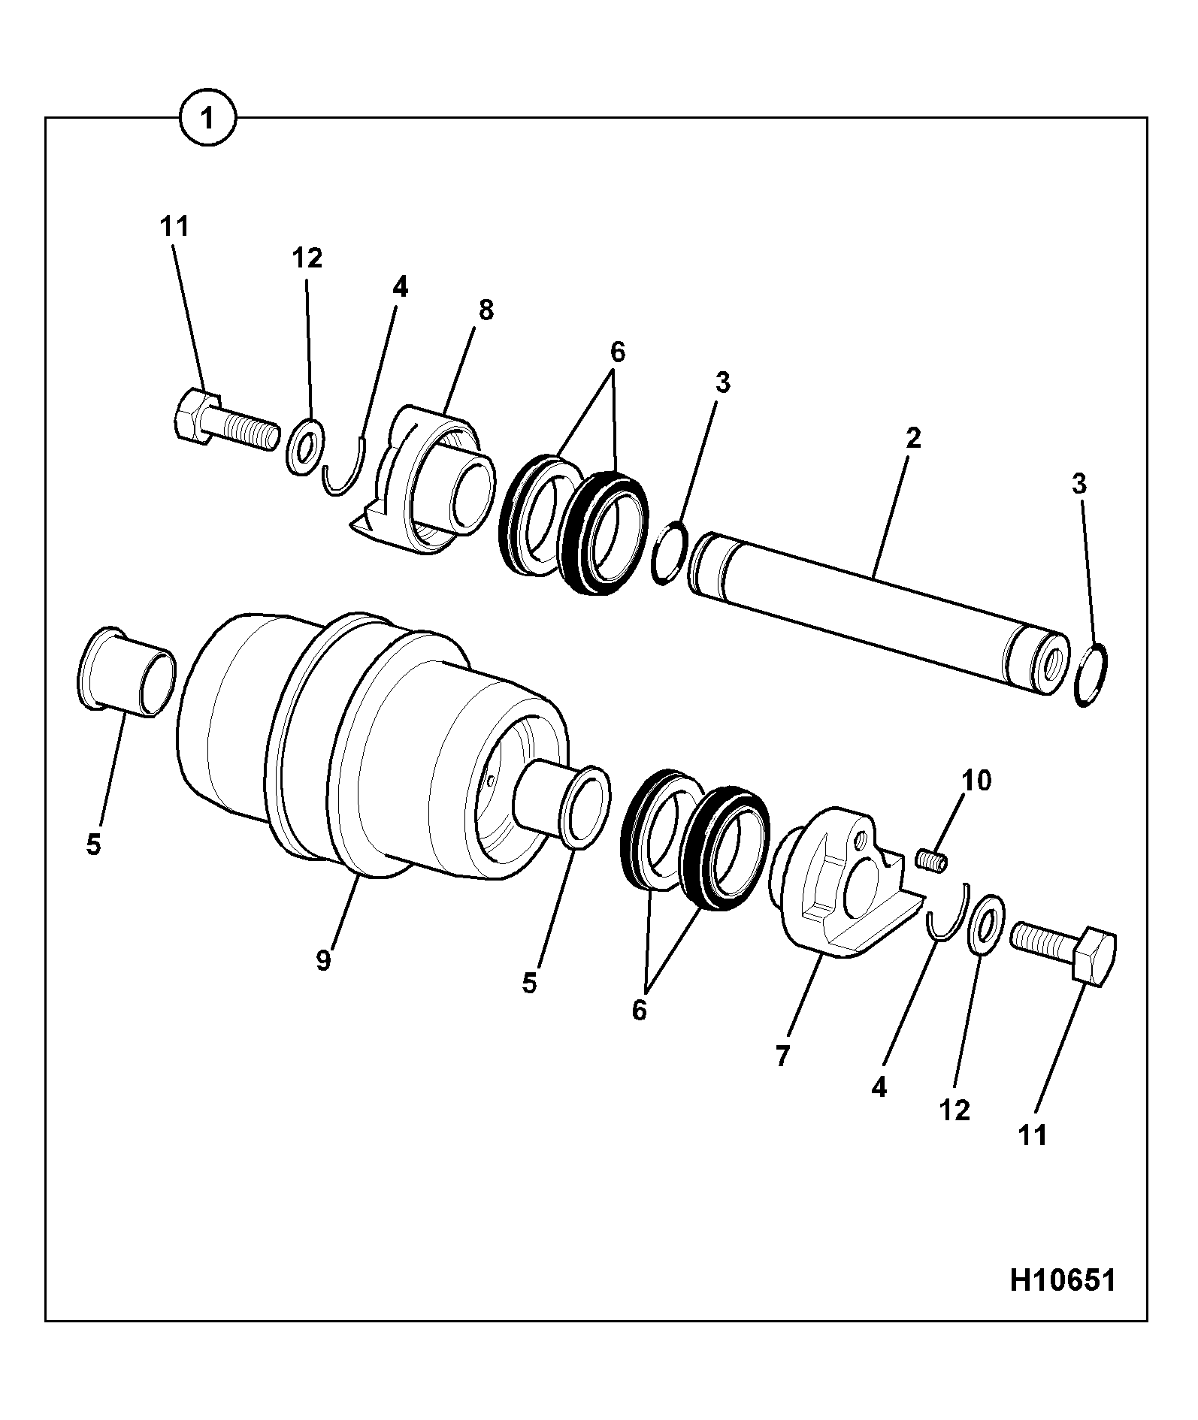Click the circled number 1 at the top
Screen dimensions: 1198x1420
207,118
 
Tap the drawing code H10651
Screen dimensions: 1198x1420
1062,1280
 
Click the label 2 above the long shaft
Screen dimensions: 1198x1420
912,438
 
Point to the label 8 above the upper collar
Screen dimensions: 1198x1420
486,310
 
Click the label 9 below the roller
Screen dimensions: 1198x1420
323,960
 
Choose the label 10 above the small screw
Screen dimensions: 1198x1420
977,781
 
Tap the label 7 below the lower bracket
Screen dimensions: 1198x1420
782,1056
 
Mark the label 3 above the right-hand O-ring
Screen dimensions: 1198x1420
1079,485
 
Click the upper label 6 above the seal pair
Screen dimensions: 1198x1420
617,351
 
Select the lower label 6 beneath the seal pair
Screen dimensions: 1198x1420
639,1011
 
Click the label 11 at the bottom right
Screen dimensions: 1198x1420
1032,1135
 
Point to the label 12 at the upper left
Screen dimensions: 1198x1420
307,258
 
